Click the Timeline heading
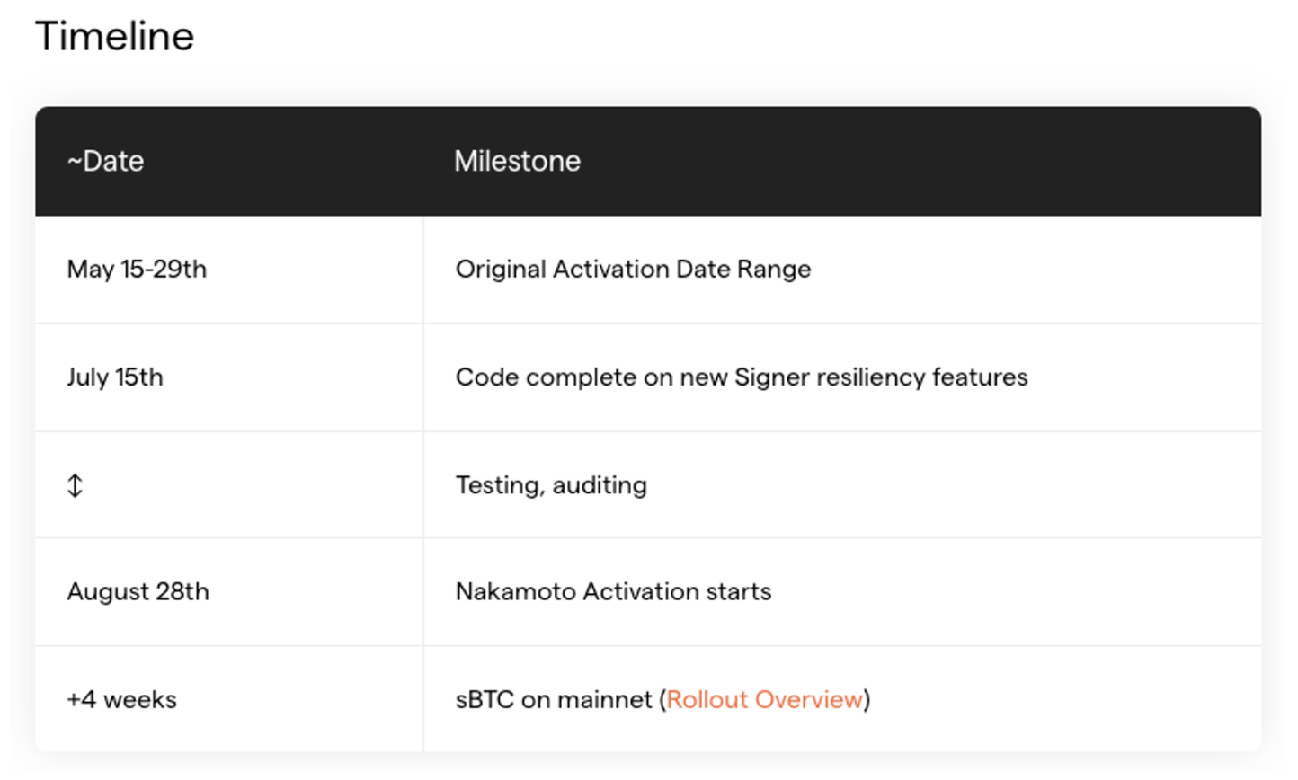115,37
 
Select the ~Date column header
105,161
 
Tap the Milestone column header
517,161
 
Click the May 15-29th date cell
137,270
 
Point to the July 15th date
115,377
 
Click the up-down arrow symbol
75,485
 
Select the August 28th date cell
138,592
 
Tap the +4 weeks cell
121,700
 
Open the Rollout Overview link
764,700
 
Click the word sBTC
485,700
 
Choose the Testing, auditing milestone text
551,485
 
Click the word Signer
772,377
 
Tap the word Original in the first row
501,270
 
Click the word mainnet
604,700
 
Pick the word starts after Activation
739,592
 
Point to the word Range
774,270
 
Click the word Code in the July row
487,377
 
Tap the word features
981,377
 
